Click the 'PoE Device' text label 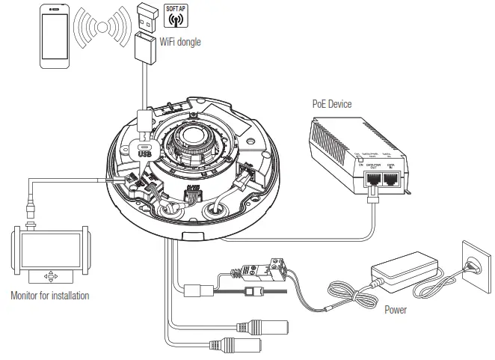click(x=332, y=104)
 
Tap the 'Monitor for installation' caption click(x=49, y=296)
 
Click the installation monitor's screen click(x=49, y=253)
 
